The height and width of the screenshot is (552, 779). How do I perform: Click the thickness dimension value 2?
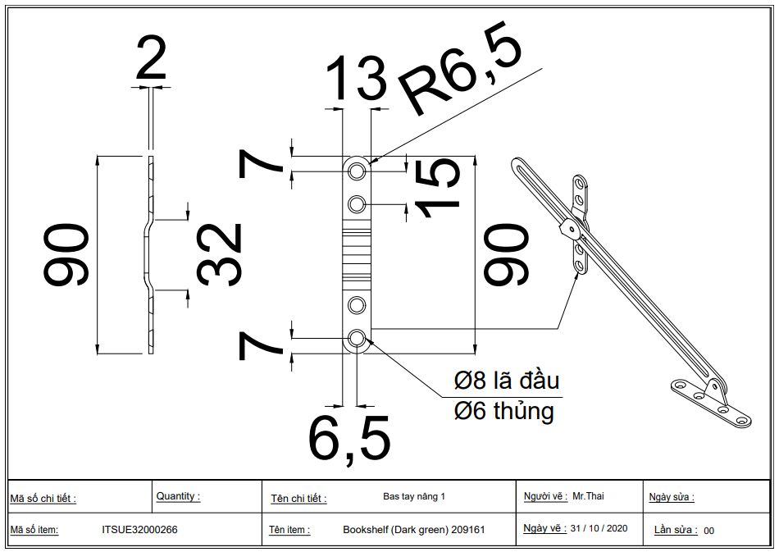click(x=151, y=59)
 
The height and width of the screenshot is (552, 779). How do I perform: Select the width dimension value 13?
click(x=356, y=79)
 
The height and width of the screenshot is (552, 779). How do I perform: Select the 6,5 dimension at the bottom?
click(x=349, y=439)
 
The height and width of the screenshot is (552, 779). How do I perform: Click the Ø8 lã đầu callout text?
click(x=507, y=381)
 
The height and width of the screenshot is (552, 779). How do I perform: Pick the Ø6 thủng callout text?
click(x=503, y=410)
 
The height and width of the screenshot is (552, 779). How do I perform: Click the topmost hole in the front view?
click(x=356, y=171)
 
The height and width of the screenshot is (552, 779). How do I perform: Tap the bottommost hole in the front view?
click(x=356, y=338)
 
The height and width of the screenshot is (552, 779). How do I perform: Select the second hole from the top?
click(x=356, y=203)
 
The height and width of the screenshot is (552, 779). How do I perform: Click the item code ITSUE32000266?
click(x=139, y=530)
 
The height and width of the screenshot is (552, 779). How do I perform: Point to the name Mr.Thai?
click(x=588, y=495)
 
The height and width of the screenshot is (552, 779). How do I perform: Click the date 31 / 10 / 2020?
click(x=599, y=528)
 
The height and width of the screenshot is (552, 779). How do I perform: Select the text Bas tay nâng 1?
click(x=414, y=496)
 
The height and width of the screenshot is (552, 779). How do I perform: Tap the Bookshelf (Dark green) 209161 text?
click(x=413, y=530)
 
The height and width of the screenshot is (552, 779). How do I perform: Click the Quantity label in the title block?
click(x=178, y=496)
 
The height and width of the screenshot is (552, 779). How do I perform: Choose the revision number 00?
click(x=708, y=531)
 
